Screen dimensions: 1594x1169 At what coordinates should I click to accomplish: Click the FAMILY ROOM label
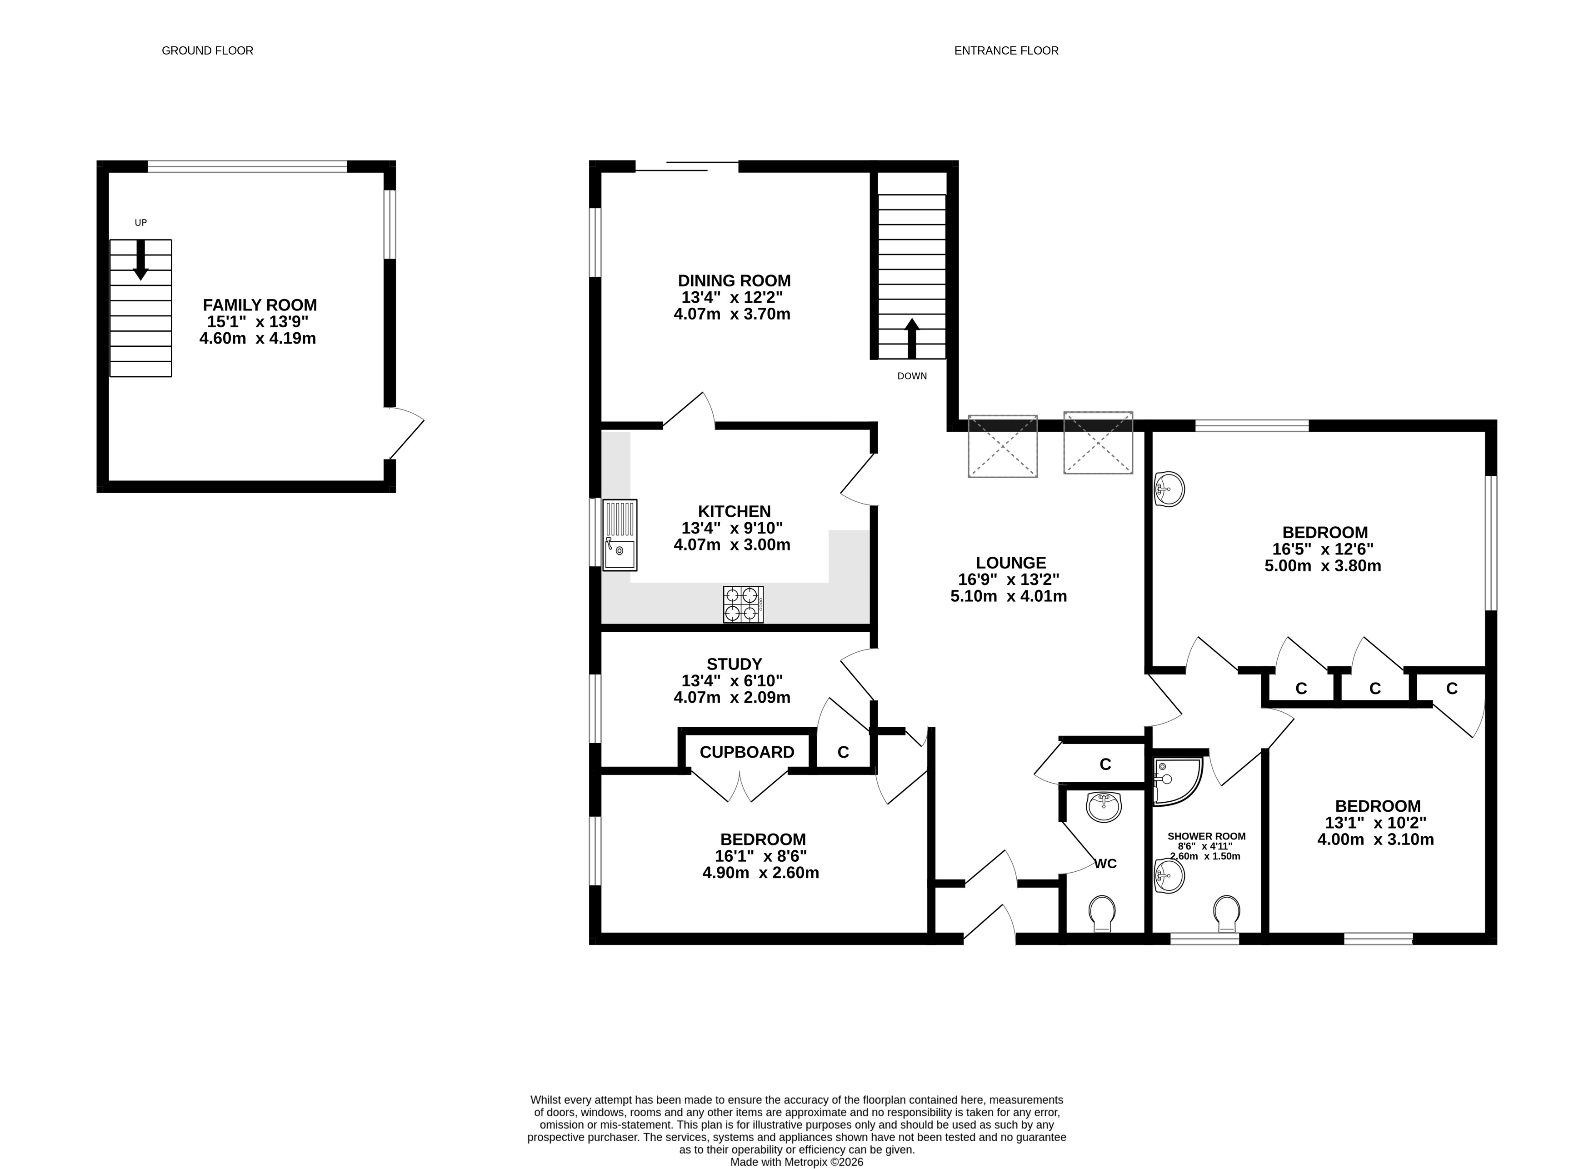click(260, 305)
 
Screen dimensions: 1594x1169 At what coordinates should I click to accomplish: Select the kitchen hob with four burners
click(743, 605)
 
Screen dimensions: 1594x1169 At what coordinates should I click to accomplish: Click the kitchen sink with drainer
click(620, 535)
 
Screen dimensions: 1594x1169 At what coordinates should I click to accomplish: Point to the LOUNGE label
click(1011, 563)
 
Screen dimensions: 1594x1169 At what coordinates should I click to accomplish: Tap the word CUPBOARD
click(747, 752)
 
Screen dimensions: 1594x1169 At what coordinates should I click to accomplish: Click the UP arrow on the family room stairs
click(141, 260)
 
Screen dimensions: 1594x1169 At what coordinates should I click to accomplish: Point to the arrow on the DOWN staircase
click(912, 338)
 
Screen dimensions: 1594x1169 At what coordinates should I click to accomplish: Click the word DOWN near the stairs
click(912, 376)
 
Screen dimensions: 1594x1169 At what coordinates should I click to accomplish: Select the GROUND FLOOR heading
click(207, 51)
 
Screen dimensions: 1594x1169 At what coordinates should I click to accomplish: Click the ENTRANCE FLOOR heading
click(1006, 51)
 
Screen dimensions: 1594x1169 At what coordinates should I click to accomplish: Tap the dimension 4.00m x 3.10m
click(1375, 840)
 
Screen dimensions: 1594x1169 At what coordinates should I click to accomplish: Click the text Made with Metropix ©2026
click(797, 1162)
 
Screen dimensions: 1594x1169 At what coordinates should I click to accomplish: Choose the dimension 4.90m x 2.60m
click(760, 873)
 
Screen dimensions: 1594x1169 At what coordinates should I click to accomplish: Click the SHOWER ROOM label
click(1206, 836)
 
